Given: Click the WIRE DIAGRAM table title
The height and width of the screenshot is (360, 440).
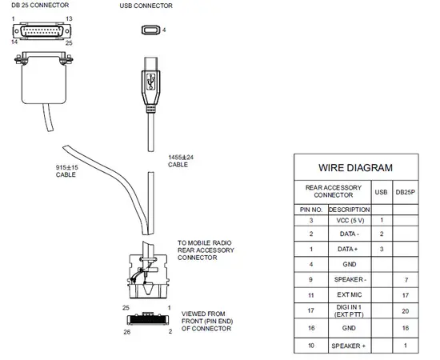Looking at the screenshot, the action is click(355, 168).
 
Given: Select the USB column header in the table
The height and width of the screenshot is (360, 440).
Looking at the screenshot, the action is click(381, 192).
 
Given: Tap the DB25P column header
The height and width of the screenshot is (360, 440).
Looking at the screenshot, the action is click(406, 192).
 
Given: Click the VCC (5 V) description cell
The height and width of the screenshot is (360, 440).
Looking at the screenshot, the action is click(350, 220).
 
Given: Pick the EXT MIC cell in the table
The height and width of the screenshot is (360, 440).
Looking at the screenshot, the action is click(350, 294).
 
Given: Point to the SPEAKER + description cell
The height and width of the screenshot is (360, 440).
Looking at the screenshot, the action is click(349, 346).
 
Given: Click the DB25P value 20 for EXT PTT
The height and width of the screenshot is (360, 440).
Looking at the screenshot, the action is click(406, 311).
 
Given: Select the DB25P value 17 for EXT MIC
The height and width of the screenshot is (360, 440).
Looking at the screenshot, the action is click(406, 295).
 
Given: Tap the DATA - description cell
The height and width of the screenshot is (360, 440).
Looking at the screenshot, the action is click(349, 234).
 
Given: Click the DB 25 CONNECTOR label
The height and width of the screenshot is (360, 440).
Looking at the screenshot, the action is click(40, 5).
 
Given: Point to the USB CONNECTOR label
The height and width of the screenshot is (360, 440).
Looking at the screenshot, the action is click(146, 6).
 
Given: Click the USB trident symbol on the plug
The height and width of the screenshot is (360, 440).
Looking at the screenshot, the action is click(151, 82).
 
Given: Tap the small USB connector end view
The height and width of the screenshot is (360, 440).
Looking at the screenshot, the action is click(150, 30).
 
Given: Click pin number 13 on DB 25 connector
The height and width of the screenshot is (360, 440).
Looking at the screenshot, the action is click(69, 18).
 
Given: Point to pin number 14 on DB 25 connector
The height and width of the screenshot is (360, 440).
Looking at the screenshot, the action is click(14, 42).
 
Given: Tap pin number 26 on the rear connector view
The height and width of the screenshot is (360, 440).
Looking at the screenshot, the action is click(127, 332).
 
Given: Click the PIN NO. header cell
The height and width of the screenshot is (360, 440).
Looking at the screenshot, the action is click(311, 210).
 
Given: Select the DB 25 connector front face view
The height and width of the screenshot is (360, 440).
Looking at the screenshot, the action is click(42, 31).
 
